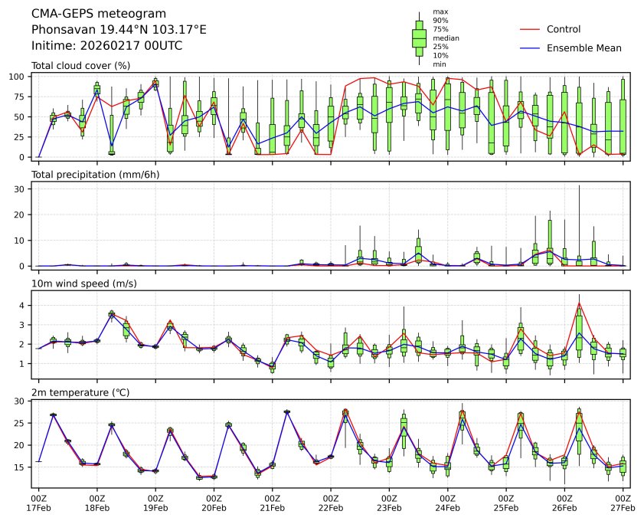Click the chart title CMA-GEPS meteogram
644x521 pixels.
point(83,14)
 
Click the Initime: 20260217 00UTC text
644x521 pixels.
point(106,45)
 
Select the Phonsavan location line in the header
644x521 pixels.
point(119,29)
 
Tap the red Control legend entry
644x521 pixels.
point(563,29)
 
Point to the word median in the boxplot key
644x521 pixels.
point(446,38)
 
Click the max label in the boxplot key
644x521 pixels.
point(440,11)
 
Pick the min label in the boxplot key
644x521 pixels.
point(439,64)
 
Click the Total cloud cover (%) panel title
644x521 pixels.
point(80,66)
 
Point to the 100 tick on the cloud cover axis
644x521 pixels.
point(18,77)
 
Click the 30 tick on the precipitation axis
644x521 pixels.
point(21,188)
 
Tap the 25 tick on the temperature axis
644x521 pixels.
point(21,423)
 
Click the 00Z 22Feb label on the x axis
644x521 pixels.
point(331,502)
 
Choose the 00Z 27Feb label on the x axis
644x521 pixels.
point(623,502)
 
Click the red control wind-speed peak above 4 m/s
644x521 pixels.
point(579,303)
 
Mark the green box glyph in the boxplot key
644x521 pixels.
point(419,38)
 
